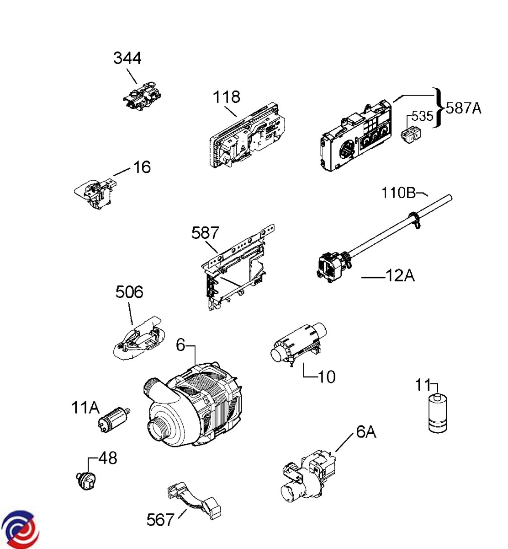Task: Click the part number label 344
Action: click(127, 58)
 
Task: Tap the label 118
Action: click(227, 97)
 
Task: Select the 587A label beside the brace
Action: click(464, 108)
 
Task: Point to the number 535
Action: click(423, 116)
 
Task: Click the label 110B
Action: click(398, 193)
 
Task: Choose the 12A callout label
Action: click(400, 275)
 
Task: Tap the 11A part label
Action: click(85, 408)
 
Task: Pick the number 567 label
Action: click(160, 519)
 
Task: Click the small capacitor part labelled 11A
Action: click(114, 420)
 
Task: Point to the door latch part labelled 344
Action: click(142, 95)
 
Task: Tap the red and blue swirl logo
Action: click(20, 529)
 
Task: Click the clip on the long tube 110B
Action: click(415, 220)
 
